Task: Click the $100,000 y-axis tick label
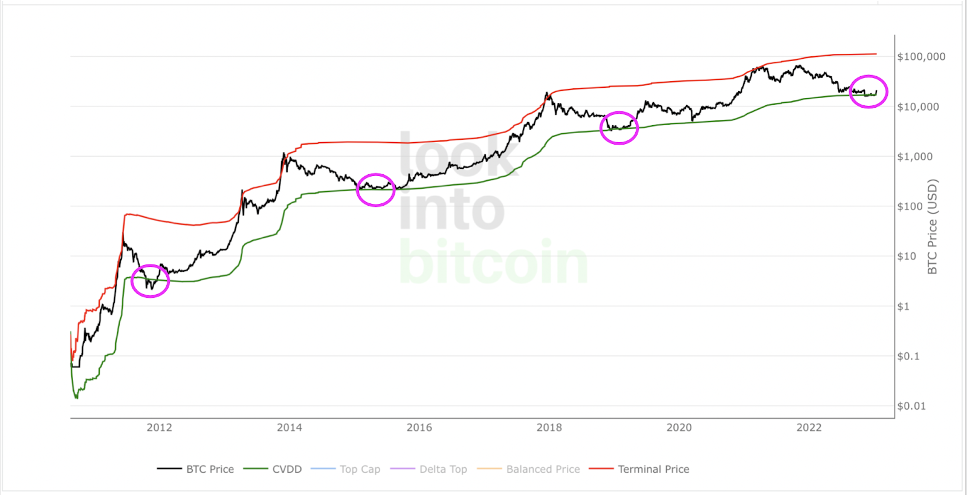[x=921, y=57]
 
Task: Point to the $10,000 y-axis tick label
[x=918, y=107]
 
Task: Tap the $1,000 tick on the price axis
[x=915, y=157]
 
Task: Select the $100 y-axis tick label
[x=910, y=206]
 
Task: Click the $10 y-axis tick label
[x=907, y=257]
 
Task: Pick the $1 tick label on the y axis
[x=903, y=307]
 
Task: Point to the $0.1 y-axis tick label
[x=908, y=356]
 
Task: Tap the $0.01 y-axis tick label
[x=911, y=406]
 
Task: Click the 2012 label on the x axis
[x=160, y=428]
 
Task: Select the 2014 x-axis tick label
[x=289, y=428]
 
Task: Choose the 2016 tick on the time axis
[x=419, y=428]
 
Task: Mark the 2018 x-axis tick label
[x=549, y=428]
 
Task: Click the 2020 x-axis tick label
[x=679, y=428]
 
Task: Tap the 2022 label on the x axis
[x=809, y=428]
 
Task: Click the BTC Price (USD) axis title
[x=933, y=226]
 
